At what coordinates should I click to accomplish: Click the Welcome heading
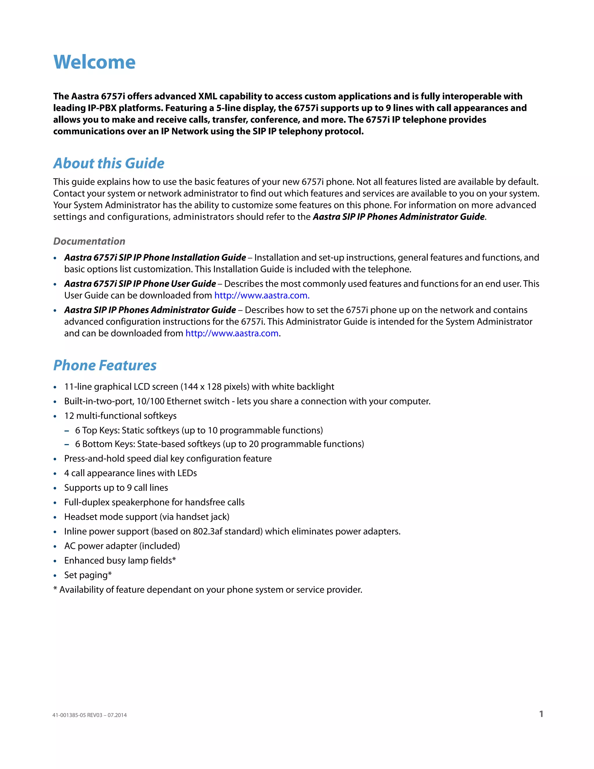[x=94, y=62]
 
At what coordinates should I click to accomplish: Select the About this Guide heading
[x=109, y=163]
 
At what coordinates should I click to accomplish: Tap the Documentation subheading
[x=89, y=241]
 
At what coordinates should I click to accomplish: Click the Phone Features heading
[x=105, y=365]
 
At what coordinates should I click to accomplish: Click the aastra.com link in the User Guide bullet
[x=262, y=295]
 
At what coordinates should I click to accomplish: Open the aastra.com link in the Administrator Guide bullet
[x=232, y=333]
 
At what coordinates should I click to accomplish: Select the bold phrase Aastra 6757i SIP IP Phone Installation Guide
[x=155, y=257]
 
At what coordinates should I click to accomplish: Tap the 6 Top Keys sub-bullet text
[x=199, y=430]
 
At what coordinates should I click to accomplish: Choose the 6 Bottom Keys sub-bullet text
[x=219, y=444]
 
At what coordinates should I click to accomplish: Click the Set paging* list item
[x=88, y=575]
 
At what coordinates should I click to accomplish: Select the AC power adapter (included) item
[x=122, y=546]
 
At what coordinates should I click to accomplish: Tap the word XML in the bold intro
[x=208, y=96]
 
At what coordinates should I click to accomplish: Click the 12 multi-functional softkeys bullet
[x=120, y=416]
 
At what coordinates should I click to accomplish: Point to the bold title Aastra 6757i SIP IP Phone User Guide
[x=140, y=284]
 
